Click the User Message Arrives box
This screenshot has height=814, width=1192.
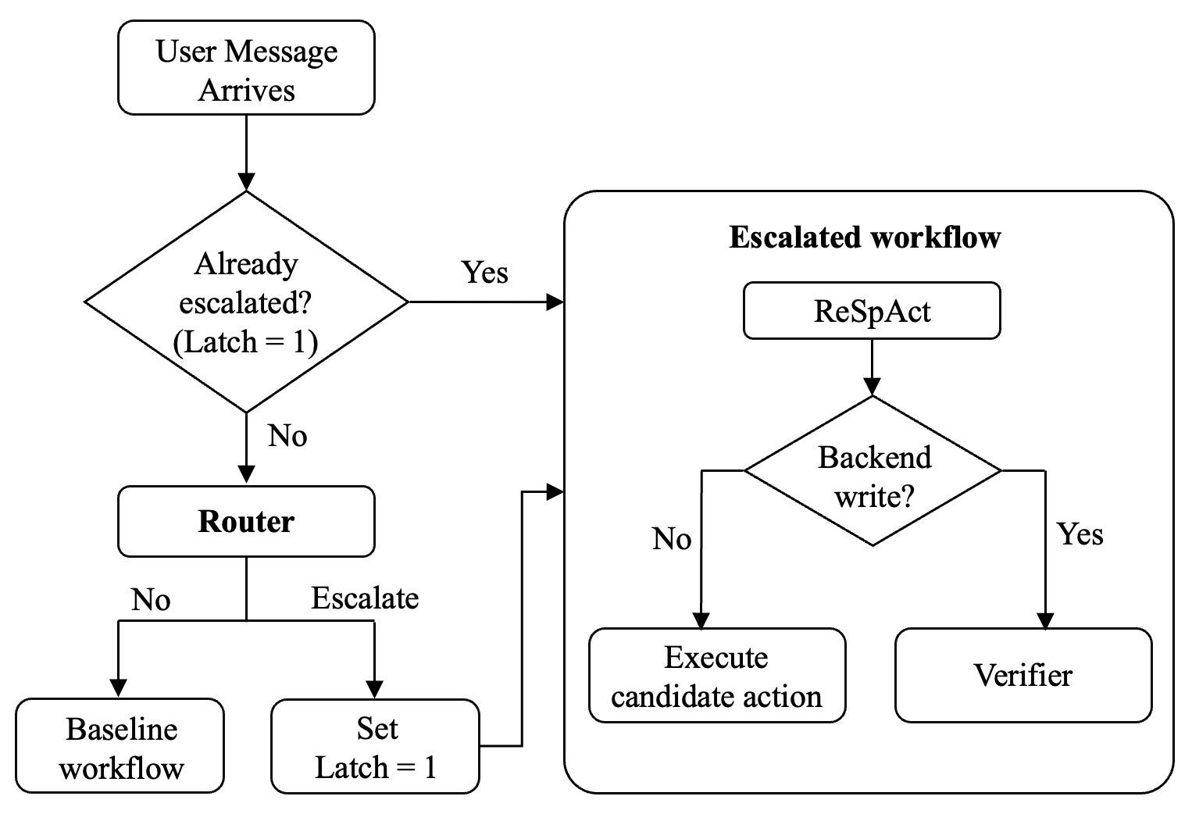(x=246, y=67)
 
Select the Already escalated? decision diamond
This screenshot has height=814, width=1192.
(x=246, y=302)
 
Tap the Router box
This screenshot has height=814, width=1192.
(x=246, y=521)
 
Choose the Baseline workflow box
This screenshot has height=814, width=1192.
(x=120, y=746)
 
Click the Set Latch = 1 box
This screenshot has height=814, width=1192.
(x=375, y=747)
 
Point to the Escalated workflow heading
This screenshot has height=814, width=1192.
(x=865, y=237)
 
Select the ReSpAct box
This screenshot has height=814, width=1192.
(x=872, y=311)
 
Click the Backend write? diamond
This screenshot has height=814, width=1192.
(x=873, y=471)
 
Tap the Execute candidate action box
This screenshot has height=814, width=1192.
(x=717, y=676)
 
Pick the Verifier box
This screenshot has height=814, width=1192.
(x=1023, y=676)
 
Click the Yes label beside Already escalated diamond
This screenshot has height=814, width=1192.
(x=484, y=273)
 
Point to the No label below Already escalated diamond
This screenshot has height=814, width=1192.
(x=287, y=436)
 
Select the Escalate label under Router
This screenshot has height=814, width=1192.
(x=365, y=598)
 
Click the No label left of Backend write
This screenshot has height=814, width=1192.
(x=672, y=539)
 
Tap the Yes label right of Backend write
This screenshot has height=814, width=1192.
(x=1080, y=534)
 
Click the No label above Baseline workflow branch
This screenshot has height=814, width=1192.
(x=151, y=600)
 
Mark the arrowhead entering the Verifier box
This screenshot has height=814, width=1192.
(x=1046, y=621)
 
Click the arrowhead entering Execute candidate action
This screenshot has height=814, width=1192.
(x=701, y=621)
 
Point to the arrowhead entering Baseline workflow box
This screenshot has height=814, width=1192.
(x=118, y=688)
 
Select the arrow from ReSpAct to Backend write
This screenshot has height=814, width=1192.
(x=872, y=368)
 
